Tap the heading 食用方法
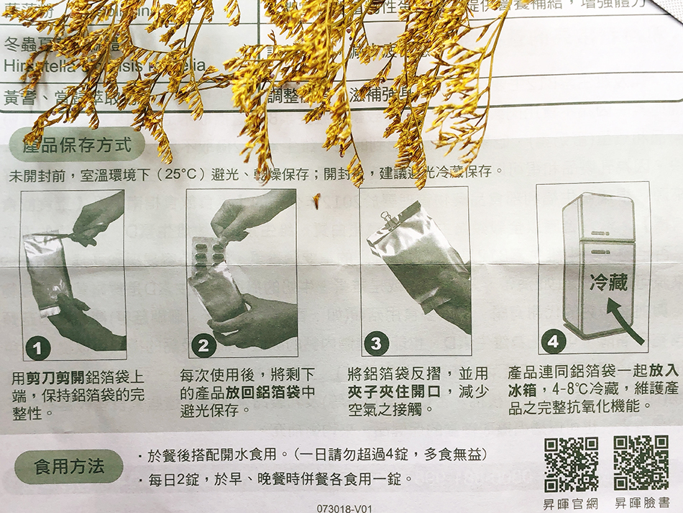tap(70, 467)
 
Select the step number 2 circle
tap(203, 345)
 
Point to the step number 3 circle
tap(375, 343)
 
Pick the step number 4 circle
tap(552, 342)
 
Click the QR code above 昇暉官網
tap(571, 464)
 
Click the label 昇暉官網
tap(571, 504)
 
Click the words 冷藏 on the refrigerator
tap(608, 282)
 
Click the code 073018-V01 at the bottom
tap(345, 508)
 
